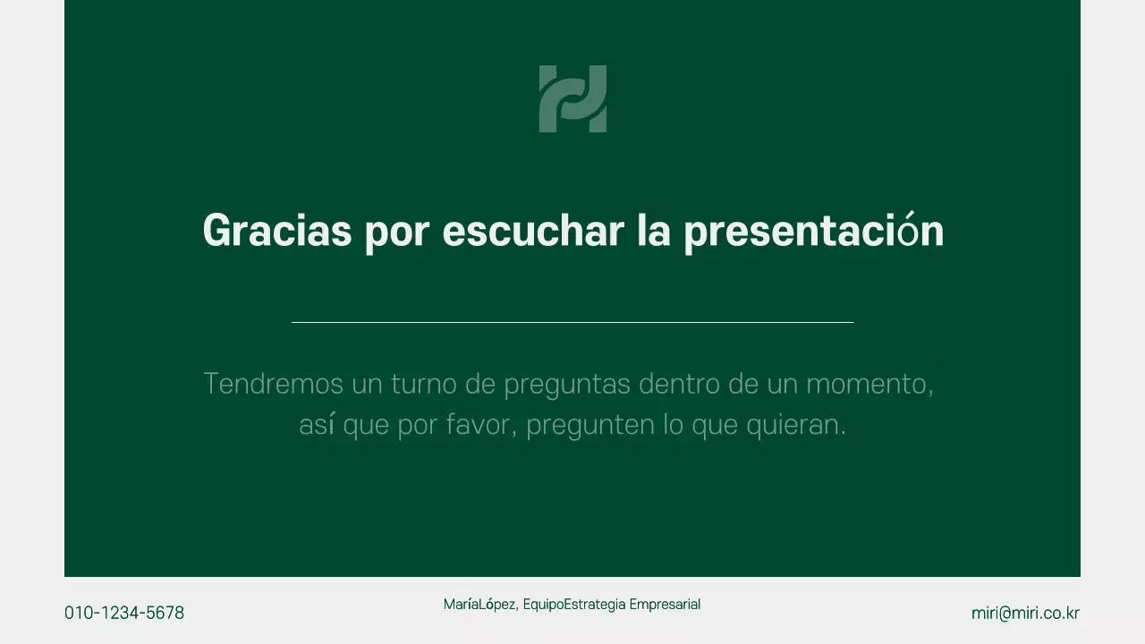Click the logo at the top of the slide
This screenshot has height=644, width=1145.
tap(572, 98)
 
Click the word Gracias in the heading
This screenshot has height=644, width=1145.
tap(277, 231)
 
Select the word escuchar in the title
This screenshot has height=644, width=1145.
tap(533, 231)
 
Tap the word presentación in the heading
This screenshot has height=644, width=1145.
tap(813, 231)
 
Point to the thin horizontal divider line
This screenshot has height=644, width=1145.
tap(572, 322)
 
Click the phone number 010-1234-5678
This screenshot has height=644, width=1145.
tap(124, 613)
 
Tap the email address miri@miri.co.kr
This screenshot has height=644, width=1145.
tap(1025, 613)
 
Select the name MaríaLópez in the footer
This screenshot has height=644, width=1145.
tap(479, 605)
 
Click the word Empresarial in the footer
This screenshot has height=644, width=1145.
tap(665, 605)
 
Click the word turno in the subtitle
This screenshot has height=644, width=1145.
tap(421, 384)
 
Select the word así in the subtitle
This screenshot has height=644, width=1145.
tap(317, 425)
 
